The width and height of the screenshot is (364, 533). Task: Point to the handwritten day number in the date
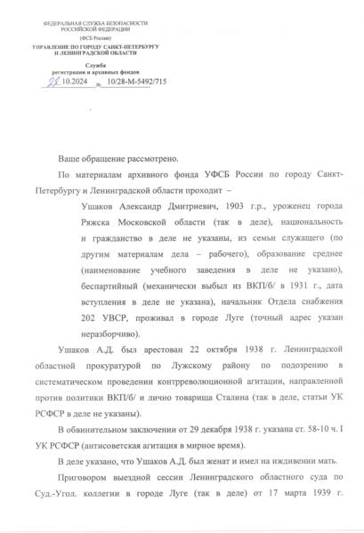click(x=54, y=82)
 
